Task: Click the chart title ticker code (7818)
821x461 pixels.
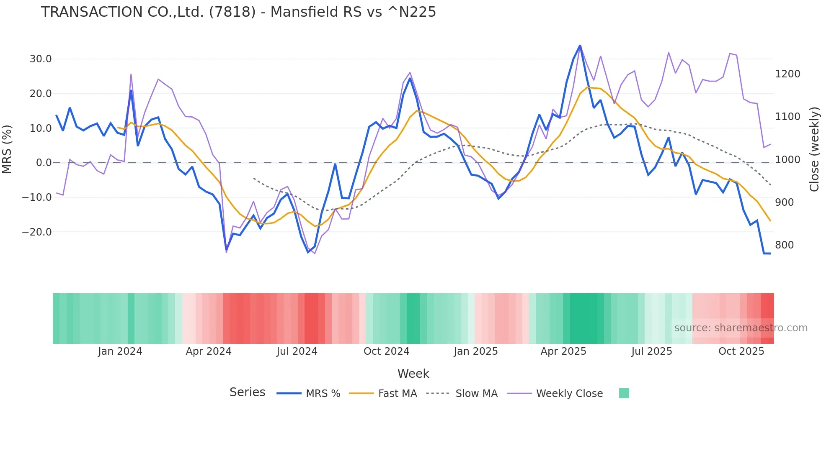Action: tap(232, 12)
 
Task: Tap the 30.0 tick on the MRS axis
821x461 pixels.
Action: tap(41, 59)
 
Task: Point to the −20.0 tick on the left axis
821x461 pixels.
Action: tap(37, 232)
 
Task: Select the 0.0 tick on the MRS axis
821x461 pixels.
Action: tap(44, 163)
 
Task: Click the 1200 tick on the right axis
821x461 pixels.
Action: tap(787, 74)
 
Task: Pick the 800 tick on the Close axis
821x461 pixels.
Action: tap(784, 245)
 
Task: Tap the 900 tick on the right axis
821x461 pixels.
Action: tap(784, 202)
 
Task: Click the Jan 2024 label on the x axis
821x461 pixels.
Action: tap(120, 351)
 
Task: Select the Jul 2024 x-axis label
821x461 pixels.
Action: tap(297, 351)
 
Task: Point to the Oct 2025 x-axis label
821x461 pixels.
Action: tap(741, 351)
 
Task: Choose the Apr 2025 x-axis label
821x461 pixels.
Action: tap(563, 351)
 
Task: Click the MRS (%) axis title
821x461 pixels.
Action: tap(7, 149)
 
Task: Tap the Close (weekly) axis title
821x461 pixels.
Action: tap(814, 149)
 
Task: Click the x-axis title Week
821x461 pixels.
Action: tap(413, 374)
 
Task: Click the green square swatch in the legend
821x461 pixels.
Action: tap(624, 393)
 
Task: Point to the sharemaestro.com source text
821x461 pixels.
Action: tap(741, 328)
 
